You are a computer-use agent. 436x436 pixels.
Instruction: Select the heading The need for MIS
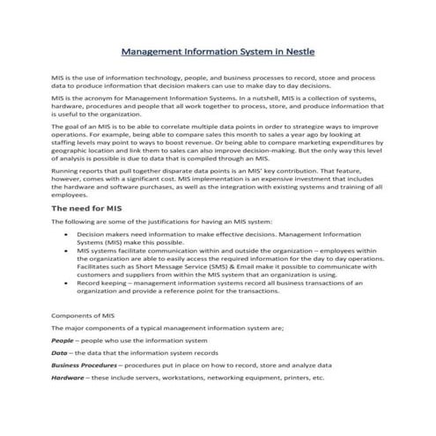pyautogui.click(x=85, y=208)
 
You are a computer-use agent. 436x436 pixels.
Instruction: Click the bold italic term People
pyautogui.click(x=63, y=339)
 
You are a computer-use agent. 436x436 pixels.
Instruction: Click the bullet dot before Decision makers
pyautogui.click(x=69, y=236)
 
